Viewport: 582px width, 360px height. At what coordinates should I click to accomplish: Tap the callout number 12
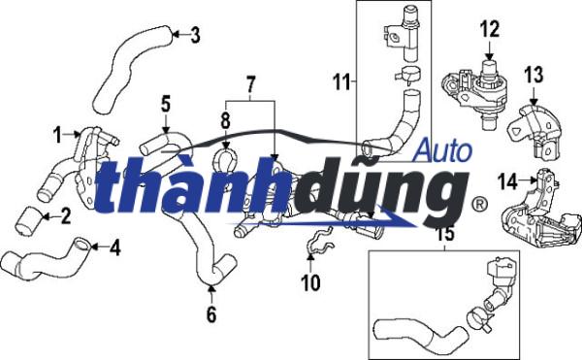[x=488, y=28]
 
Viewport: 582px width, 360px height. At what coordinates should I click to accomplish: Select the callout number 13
[x=534, y=74]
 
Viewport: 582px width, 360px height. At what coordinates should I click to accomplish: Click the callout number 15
[x=445, y=235]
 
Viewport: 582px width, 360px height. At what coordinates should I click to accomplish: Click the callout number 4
[x=114, y=247]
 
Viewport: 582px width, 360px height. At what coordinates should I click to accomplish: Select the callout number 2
[x=65, y=216]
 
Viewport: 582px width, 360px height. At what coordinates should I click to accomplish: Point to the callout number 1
[x=57, y=133]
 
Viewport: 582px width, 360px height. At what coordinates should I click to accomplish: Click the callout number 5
[x=166, y=103]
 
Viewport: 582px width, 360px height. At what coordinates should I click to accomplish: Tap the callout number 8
[x=226, y=121]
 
